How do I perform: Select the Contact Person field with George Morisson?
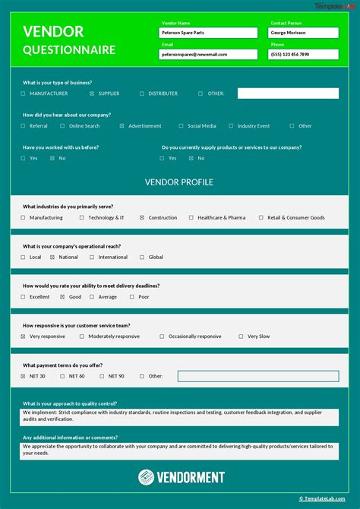point(303,33)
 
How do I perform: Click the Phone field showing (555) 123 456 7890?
point(303,55)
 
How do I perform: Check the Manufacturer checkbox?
point(24,93)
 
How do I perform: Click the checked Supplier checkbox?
point(92,93)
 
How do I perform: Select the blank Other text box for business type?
point(288,93)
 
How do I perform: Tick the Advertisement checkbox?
point(122,126)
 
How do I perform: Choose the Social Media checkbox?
point(181,126)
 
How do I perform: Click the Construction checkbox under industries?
point(141,218)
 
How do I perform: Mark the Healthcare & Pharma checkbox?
point(191,218)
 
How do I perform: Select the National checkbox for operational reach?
point(52,258)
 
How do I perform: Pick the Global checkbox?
point(141,258)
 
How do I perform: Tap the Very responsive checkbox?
point(24,337)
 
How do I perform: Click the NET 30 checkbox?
point(24,376)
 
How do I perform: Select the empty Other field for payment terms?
point(258,376)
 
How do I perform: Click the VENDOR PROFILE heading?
point(179,182)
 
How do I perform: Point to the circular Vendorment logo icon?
point(147,477)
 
